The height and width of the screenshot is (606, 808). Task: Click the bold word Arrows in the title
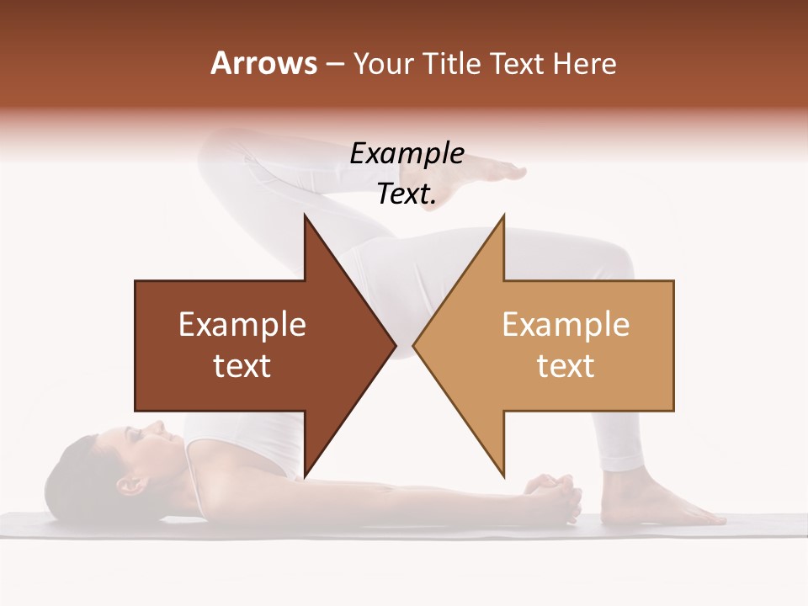tap(263, 63)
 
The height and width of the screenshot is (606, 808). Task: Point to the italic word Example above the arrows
tap(407, 154)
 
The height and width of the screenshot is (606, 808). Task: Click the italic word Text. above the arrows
tap(407, 194)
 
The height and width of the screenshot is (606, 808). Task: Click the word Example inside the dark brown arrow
tap(242, 325)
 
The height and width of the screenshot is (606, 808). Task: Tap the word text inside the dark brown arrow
tap(242, 366)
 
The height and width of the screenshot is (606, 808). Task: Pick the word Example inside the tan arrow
tap(566, 325)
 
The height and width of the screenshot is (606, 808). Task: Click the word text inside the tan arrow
tap(566, 366)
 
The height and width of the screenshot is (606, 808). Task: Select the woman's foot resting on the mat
tap(665, 505)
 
